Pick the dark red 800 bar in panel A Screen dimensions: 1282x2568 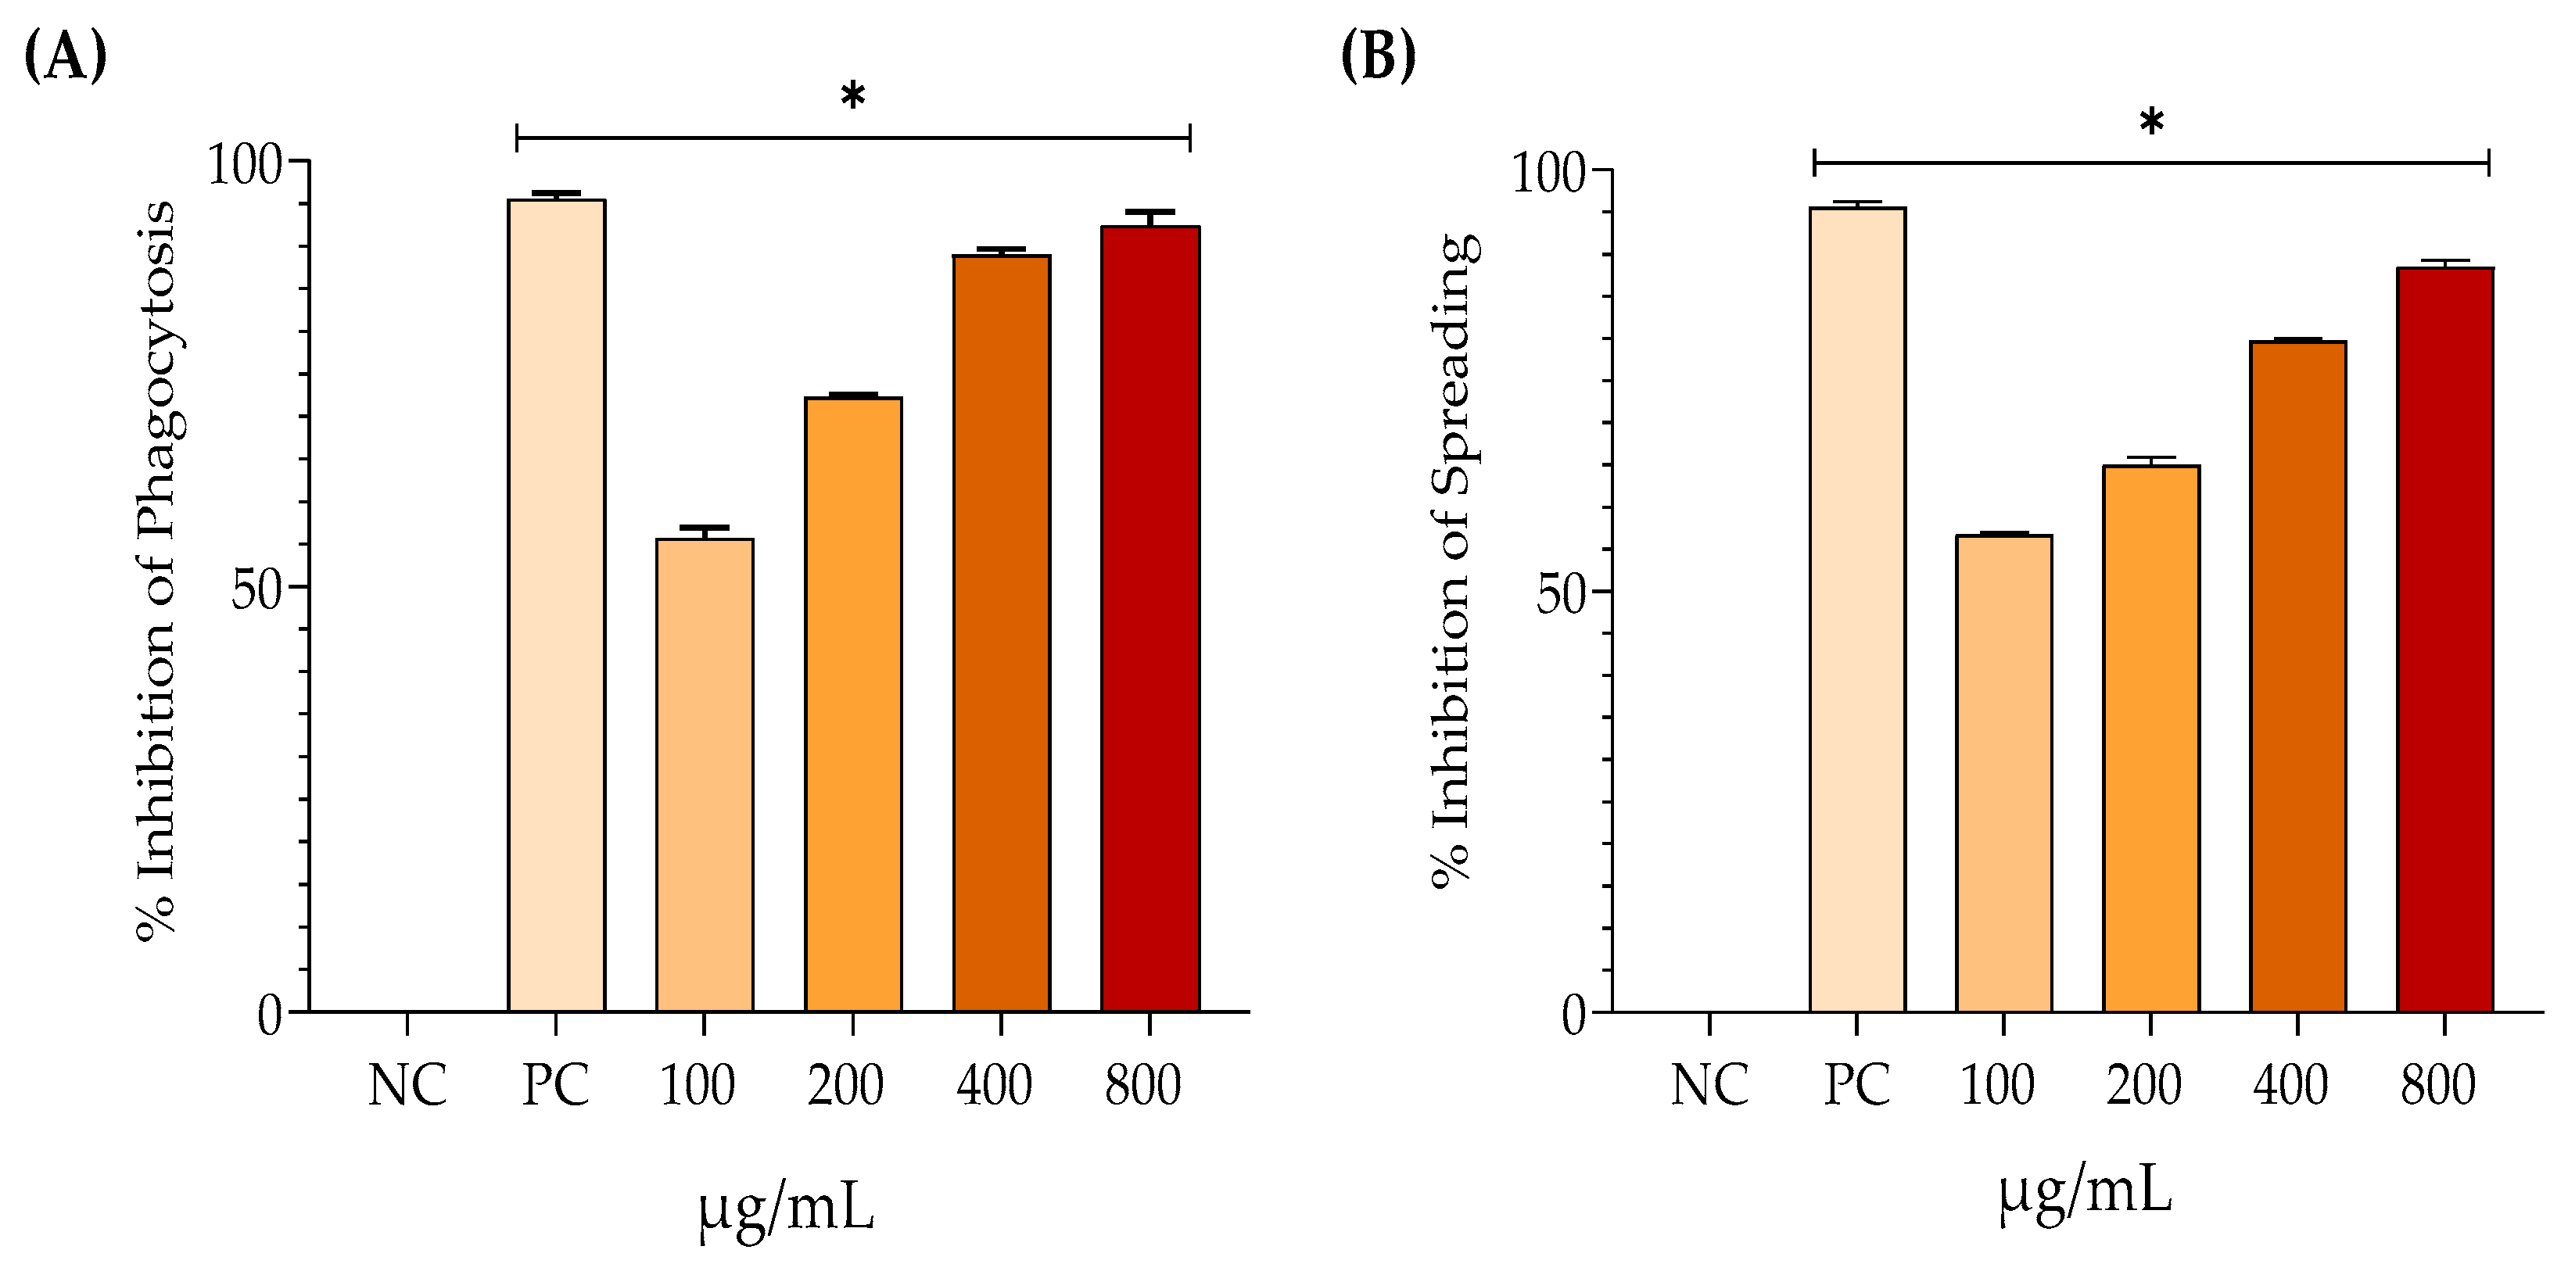pos(1150,618)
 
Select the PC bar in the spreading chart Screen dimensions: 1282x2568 pos(1857,609)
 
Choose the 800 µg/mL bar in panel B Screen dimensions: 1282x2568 pos(2444,639)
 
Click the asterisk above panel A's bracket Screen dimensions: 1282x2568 pos(852,97)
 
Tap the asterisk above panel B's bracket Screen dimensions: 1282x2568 pos(2151,123)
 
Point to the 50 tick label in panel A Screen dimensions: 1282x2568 pos(257,590)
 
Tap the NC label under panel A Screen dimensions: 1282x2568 pos(407,1084)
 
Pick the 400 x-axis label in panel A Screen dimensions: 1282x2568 pos(994,1084)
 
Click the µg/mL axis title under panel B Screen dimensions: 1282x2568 pos(2086,1191)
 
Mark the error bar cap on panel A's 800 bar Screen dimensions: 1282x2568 pos(1150,213)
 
